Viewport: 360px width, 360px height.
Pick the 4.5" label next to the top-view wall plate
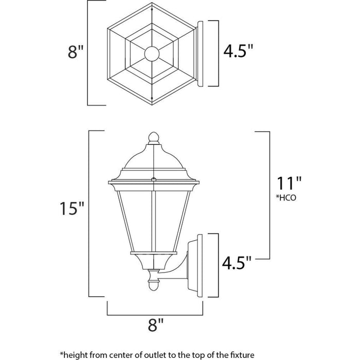click(238, 52)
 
